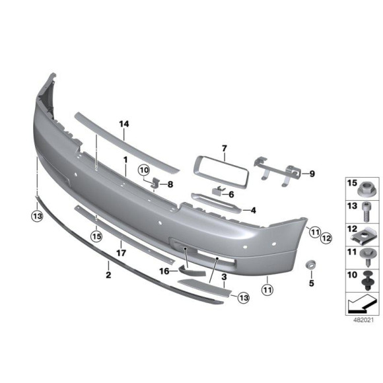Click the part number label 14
124,124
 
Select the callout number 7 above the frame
225,149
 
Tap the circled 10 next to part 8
144,170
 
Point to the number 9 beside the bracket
312,174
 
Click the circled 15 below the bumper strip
96,236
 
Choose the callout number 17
121,253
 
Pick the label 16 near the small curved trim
164,271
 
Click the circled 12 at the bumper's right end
326,238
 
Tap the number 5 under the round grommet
312,283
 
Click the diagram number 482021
363,320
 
